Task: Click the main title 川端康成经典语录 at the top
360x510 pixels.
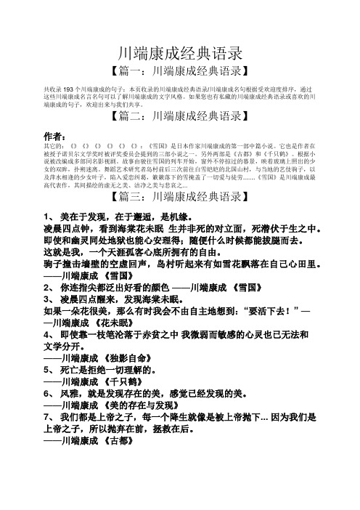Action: click(x=179, y=52)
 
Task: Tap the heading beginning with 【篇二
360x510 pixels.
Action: click(x=179, y=116)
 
